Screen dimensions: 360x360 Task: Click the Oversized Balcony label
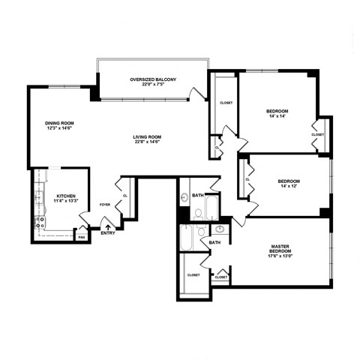pos(152,81)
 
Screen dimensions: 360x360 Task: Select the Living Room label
pos(148,139)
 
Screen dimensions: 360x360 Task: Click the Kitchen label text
pos(66,199)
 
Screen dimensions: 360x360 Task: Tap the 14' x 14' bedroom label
pos(277,113)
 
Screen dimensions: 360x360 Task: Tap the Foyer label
pos(104,204)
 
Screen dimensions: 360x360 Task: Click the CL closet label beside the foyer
pos(124,196)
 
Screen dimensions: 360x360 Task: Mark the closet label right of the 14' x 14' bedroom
pos(317,134)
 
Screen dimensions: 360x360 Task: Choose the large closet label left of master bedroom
pos(193,275)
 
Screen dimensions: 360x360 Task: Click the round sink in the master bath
pos(221,229)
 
